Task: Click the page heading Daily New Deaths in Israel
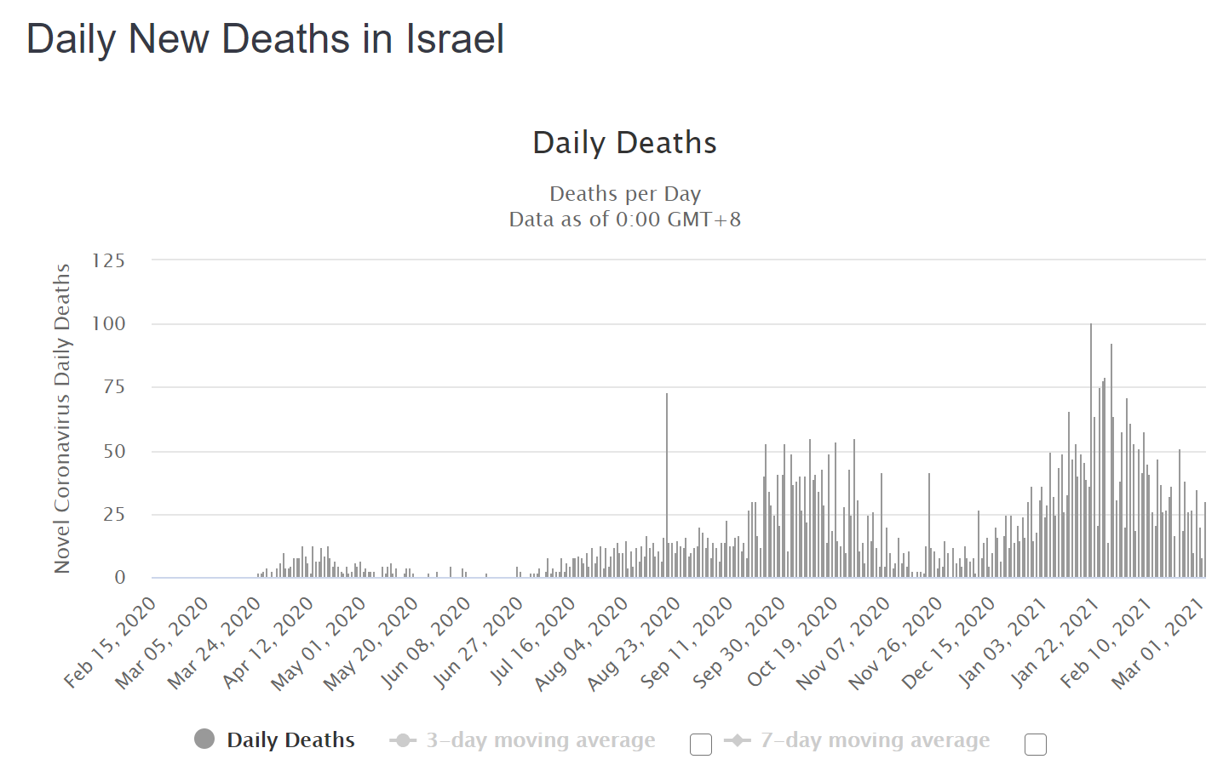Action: (x=265, y=39)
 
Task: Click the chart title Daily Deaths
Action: (x=624, y=143)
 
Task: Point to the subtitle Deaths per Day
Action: (x=624, y=194)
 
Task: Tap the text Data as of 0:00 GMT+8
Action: (x=624, y=220)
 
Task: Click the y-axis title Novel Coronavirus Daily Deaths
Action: (x=62, y=418)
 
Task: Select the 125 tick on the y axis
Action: (x=109, y=260)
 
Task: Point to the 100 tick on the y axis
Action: (x=109, y=323)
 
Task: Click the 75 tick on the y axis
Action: (x=114, y=387)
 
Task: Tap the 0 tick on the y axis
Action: (x=120, y=578)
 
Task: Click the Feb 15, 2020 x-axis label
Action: (x=111, y=642)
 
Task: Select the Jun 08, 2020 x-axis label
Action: (x=426, y=642)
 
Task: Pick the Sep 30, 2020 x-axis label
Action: (x=739, y=642)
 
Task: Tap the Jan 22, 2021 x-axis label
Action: (x=1054, y=642)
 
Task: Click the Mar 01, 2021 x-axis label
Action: (x=1158, y=642)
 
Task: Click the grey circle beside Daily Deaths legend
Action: (x=204, y=739)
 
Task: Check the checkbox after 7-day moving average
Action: (x=1036, y=745)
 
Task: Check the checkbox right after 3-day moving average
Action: (x=701, y=745)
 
